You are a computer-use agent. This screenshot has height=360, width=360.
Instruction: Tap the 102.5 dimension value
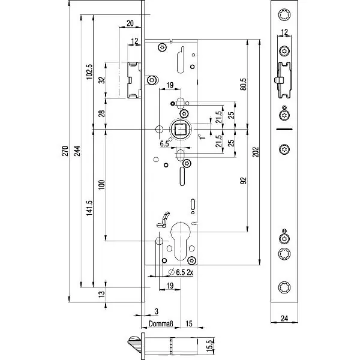point(89,71)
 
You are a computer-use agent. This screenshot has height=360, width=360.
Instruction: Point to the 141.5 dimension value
point(89,209)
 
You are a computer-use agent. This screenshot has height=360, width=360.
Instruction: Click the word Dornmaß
point(161,325)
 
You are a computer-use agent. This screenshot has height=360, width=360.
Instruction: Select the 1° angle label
point(203,136)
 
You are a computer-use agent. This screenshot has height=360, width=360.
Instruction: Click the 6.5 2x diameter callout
point(179,272)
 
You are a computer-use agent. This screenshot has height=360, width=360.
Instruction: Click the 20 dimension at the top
point(130,23)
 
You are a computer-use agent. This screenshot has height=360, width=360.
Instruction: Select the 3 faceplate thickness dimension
point(155,311)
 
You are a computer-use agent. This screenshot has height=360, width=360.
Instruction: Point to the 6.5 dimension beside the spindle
point(164,144)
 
